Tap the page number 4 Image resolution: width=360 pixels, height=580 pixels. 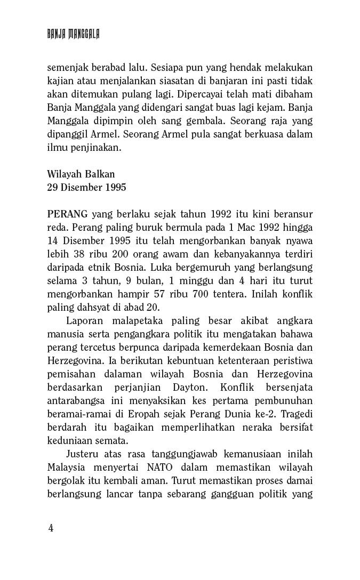(51, 528)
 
